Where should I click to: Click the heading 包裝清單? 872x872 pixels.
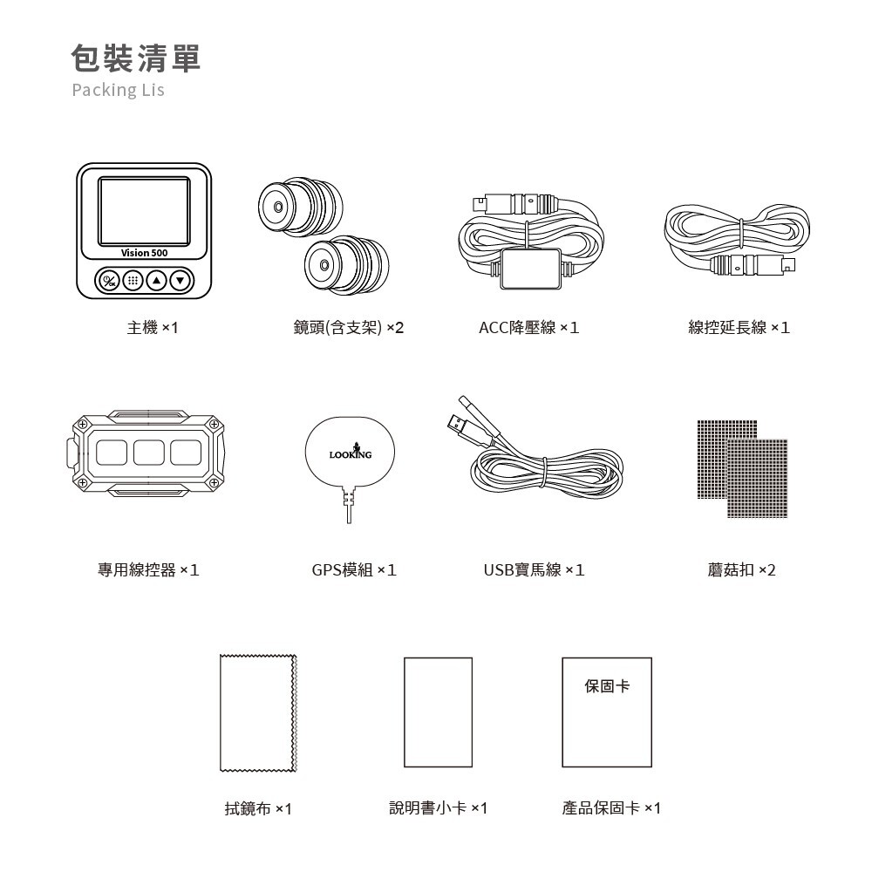pos(135,58)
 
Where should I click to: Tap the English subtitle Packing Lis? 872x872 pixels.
pos(118,91)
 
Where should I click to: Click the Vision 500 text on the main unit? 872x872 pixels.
pos(145,253)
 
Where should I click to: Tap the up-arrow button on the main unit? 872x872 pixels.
pos(157,281)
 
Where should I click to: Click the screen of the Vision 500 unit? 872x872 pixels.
pos(144,211)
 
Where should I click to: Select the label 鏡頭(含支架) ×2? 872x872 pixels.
pos(349,328)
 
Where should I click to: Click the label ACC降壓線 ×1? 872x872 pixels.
pos(529,328)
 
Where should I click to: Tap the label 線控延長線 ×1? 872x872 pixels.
pos(739,328)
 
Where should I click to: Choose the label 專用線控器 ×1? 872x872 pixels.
pos(148,570)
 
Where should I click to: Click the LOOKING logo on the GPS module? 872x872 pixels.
pos(350,453)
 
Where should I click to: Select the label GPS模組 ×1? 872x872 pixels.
pos(354,570)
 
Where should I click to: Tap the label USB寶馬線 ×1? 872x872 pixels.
pos(534,570)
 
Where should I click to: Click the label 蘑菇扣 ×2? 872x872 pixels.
pos(741,570)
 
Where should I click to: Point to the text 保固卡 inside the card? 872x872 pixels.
pos(607,687)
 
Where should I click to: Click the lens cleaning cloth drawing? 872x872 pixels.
pos(259,713)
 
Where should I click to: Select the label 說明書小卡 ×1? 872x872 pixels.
pos(438,809)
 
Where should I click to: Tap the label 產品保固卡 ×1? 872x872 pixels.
pos(611,809)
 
